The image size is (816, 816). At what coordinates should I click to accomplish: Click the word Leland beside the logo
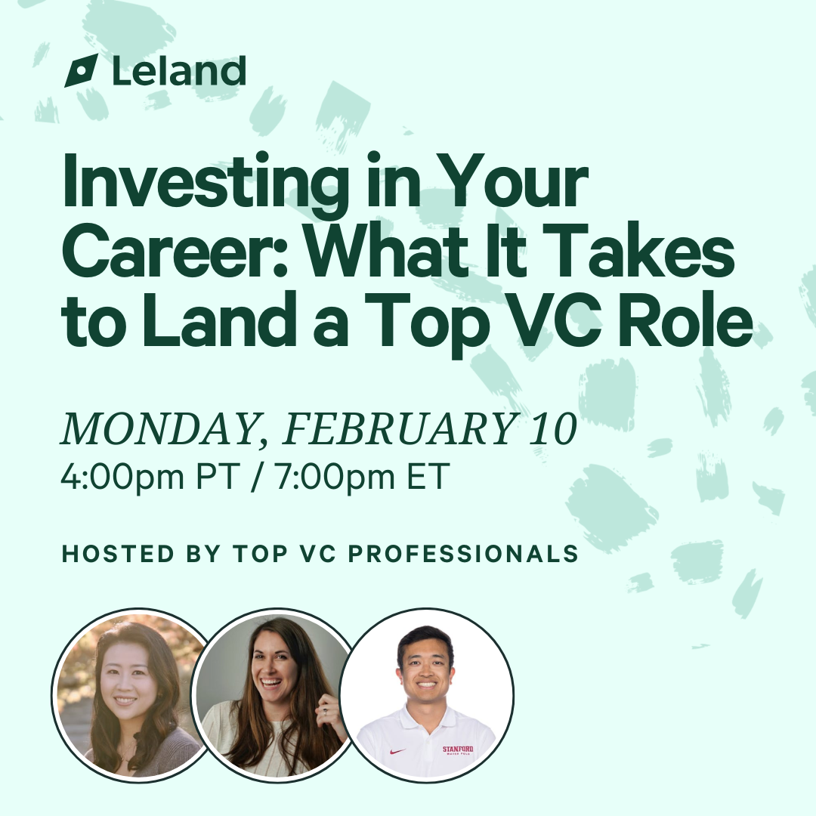178,71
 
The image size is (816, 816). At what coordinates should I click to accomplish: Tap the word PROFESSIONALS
463,554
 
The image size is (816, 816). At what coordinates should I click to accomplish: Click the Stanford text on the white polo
458,749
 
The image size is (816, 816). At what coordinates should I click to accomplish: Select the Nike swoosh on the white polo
397,752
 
